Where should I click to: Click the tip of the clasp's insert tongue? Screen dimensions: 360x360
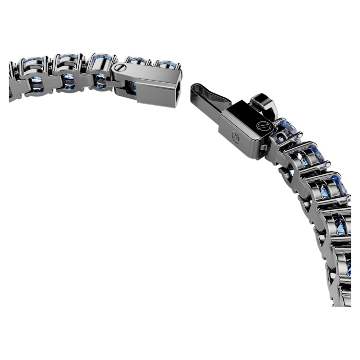195,88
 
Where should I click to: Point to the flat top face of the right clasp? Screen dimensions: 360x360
240,115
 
